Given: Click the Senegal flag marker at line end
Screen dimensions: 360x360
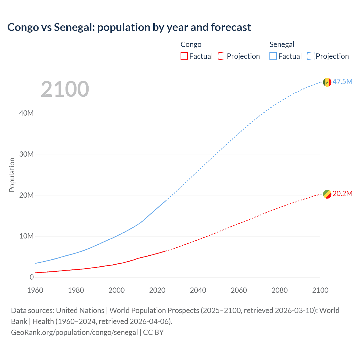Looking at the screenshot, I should click(x=327, y=82).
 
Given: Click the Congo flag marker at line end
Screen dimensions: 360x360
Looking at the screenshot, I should click(x=327, y=194).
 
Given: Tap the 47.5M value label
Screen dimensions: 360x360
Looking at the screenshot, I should click(x=342, y=82).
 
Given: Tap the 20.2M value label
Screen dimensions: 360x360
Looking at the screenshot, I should click(x=342, y=194).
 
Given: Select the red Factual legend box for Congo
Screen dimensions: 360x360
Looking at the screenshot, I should click(x=184, y=56).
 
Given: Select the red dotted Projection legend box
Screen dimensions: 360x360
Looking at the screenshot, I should click(x=222, y=56).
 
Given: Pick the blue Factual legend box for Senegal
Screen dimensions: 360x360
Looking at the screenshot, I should click(x=273, y=56).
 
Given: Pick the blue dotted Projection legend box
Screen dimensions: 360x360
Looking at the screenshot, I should click(x=311, y=56).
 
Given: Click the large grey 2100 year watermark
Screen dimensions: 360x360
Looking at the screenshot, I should click(x=65, y=89).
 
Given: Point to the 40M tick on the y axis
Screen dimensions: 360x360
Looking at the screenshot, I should click(x=26, y=113).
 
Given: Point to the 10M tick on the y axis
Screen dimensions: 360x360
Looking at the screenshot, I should click(x=26, y=236).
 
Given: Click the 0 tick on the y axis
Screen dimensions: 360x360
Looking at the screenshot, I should click(x=31, y=277).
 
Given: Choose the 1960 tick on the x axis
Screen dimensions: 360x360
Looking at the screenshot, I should click(x=35, y=290).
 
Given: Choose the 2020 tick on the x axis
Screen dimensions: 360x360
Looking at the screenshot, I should click(x=157, y=290).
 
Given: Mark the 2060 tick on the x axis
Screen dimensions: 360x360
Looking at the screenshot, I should click(x=239, y=290).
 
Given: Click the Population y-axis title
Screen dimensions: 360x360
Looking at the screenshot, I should click(x=12, y=175).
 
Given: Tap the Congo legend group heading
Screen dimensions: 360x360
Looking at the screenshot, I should click(x=191, y=44).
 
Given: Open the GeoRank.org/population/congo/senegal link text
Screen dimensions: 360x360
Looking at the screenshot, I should click(x=74, y=332).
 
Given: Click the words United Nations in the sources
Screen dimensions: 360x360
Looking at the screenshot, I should click(x=80, y=310).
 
